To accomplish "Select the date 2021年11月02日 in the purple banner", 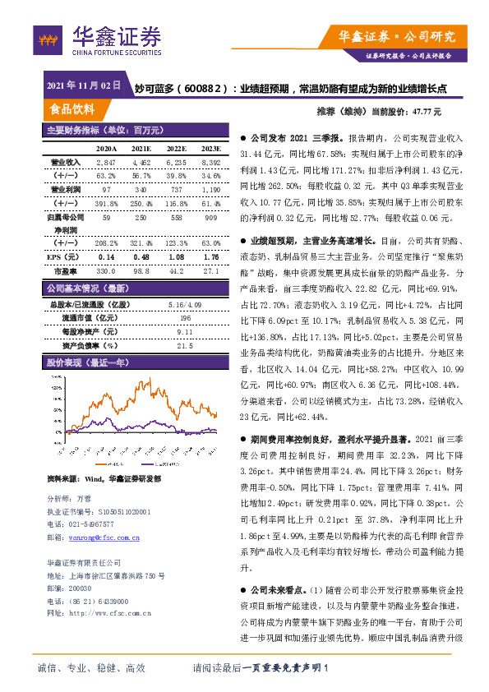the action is coord(84,85).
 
